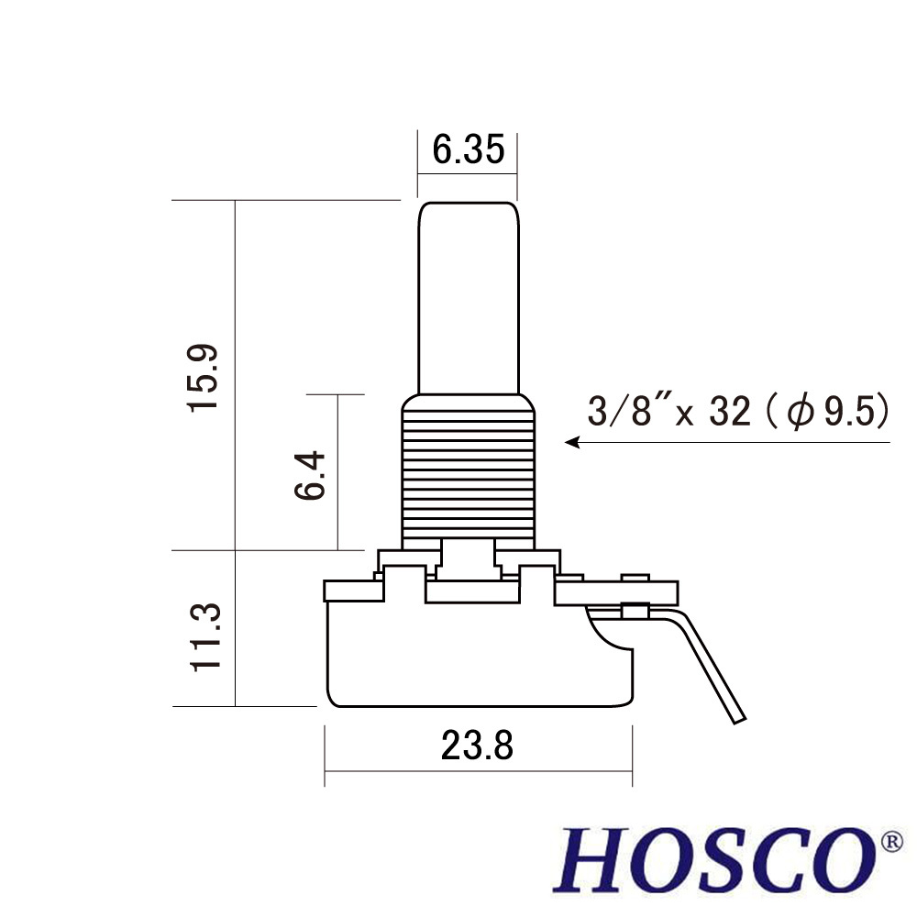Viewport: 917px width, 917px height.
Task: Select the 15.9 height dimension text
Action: click(x=203, y=377)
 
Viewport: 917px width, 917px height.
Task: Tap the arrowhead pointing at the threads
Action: click(x=572, y=442)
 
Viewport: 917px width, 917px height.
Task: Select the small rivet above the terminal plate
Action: click(x=635, y=577)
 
